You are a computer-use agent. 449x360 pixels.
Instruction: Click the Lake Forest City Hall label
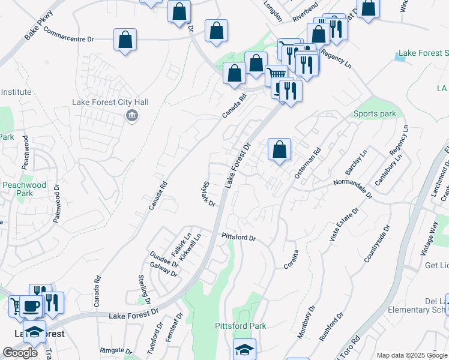110,102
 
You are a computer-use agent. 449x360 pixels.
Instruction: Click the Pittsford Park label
241,326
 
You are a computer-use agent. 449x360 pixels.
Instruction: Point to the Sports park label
375,114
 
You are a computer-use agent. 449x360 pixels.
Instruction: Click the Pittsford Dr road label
239,238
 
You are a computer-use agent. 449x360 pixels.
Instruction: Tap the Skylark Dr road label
209,194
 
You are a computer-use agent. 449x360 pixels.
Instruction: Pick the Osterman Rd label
308,163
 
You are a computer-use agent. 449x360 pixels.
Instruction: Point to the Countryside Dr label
377,244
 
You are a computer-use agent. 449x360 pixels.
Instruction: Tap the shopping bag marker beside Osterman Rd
280,149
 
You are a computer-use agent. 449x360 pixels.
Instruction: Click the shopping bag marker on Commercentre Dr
124,41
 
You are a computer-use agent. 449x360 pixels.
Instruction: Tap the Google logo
19,353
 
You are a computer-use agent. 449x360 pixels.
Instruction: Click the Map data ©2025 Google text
411,355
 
